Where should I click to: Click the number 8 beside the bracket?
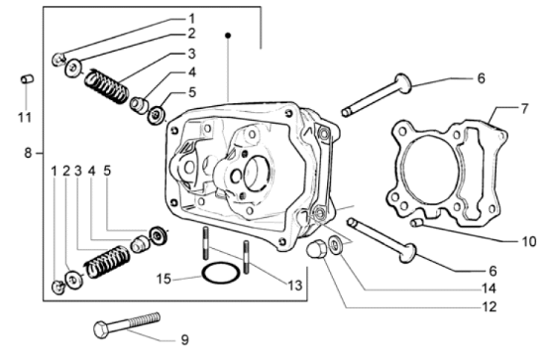(x=28, y=154)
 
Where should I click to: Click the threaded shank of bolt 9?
(x=138, y=320)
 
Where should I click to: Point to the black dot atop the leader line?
(x=228, y=36)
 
